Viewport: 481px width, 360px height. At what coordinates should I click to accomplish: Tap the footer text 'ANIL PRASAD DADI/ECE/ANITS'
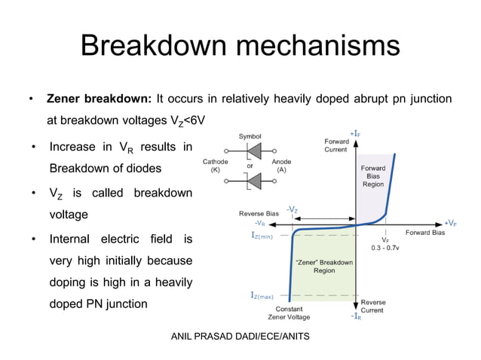[x=240, y=335]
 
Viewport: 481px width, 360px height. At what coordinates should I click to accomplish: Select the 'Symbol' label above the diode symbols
[x=250, y=136]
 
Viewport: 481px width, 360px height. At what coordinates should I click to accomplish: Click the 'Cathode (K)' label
[x=216, y=166]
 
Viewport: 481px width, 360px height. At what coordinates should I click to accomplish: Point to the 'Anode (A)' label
[x=281, y=166]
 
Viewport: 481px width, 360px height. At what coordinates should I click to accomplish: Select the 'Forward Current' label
[x=335, y=145]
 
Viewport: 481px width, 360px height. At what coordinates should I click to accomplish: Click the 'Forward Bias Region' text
[x=373, y=175]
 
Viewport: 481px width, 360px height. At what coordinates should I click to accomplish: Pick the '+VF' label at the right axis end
[x=450, y=224]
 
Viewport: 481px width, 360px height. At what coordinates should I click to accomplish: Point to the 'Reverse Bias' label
[x=259, y=214]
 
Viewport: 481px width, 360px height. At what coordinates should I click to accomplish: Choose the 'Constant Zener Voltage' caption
[x=290, y=313]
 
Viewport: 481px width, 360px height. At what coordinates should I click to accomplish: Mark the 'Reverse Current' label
[x=372, y=306]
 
